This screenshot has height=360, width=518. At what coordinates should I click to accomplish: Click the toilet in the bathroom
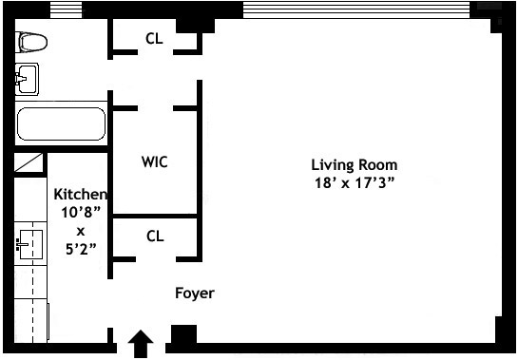(x=31, y=43)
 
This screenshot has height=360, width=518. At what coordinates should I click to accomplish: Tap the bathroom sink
(x=28, y=79)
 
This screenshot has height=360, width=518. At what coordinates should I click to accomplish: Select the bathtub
(x=62, y=123)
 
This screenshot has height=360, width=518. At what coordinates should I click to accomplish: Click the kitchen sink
(x=29, y=245)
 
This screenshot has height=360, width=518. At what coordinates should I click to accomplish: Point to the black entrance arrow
(x=141, y=344)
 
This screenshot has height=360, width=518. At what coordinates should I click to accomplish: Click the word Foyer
(x=195, y=293)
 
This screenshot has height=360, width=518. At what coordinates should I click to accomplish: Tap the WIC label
(x=155, y=161)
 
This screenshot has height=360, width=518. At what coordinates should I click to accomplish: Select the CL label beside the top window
(x=154, y=39)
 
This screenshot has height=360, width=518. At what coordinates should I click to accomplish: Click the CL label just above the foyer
(x=155, y=237)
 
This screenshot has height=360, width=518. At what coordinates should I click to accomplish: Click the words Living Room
(x=355, y=165)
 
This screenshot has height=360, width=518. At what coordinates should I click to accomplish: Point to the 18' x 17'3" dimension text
(x=355, y=182)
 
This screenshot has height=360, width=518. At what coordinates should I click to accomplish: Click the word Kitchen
(x=81, y=194)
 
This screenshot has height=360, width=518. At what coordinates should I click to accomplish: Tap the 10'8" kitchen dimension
(x=81, y=213)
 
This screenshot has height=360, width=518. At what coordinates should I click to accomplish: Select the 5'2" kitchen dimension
(x=81, y=249)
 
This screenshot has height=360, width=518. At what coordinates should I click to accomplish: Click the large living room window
(x=356, y=9)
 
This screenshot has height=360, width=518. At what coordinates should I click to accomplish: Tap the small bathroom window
(x=66, y=9)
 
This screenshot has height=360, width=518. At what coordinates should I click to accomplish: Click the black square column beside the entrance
(x=183, y=334)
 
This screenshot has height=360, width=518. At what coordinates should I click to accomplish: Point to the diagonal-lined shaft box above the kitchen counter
(x=29, y=162)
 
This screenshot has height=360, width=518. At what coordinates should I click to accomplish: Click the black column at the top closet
(x=195, y=25)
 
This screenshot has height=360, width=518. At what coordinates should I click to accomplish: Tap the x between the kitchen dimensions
(x=81, y=232)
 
